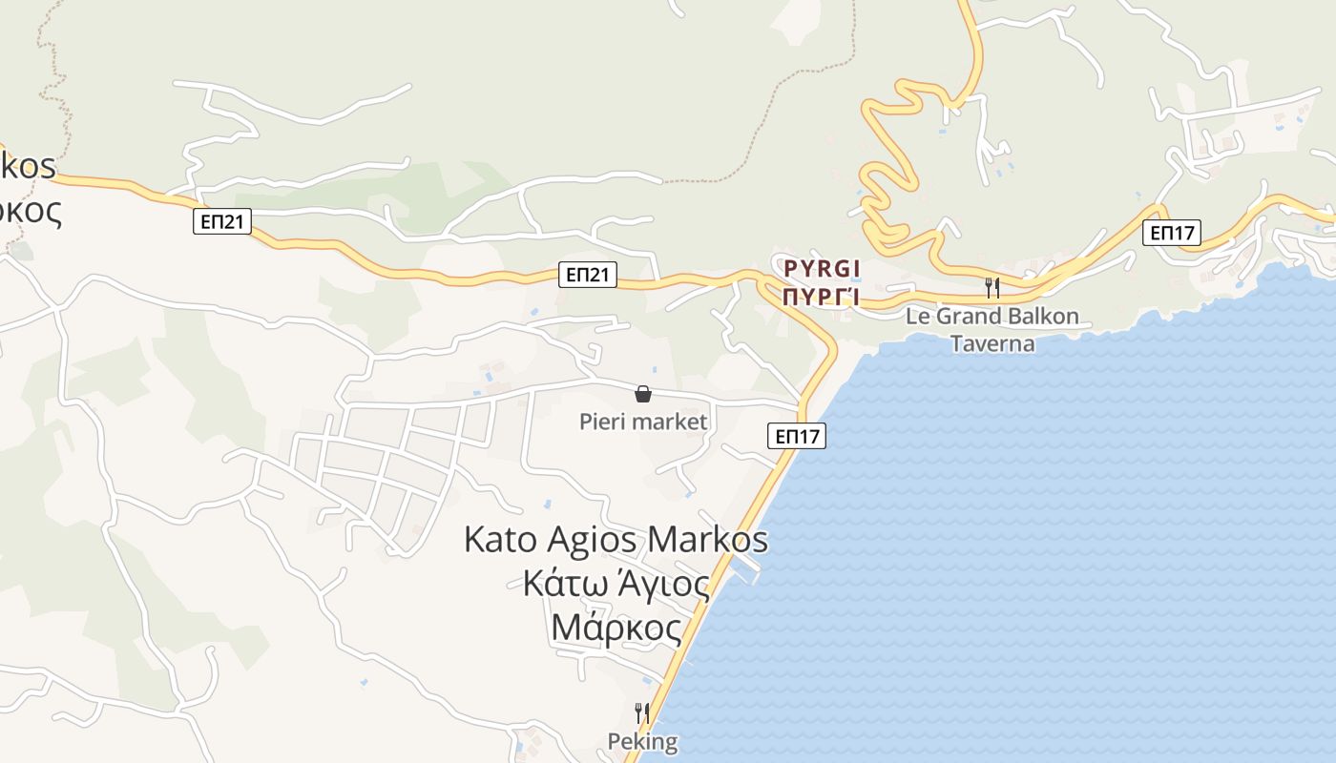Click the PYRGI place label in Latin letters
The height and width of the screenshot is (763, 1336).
[822, 268]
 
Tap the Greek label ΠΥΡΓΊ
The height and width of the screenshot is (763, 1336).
[822, 297]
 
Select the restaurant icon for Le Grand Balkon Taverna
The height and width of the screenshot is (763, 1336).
[992, 287]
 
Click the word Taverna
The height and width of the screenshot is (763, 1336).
[992, 343]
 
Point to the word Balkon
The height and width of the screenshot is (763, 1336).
[1036, 317]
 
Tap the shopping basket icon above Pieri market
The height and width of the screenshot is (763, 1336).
[643, 394]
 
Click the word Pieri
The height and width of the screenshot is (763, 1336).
[602, 422]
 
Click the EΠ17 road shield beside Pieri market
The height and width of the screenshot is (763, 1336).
[797, 437]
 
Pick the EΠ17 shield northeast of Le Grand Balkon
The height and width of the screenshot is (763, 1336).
[1172, 233]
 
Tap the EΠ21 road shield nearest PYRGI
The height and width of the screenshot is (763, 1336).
[588, 276]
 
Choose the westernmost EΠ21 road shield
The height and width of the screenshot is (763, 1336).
[224, 222]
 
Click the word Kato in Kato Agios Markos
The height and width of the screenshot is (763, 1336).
[501, 540]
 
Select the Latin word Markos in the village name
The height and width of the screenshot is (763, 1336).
[707, 540]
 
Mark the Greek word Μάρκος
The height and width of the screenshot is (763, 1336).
[616, 629]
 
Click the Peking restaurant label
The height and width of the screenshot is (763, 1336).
[642, 742]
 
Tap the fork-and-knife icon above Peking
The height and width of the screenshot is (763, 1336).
[642, 712]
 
